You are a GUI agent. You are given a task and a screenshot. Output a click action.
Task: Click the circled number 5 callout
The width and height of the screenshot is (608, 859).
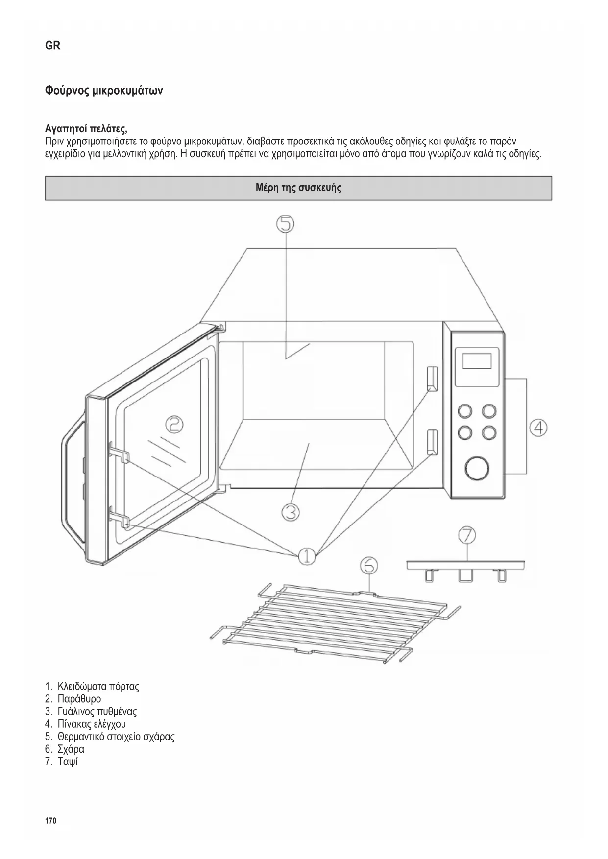click(x=286, y=224)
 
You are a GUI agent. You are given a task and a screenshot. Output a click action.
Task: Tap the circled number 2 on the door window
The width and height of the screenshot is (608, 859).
click(x=173, y=424)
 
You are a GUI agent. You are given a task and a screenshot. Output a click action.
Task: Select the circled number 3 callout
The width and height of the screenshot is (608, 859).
click(x=291, y=512)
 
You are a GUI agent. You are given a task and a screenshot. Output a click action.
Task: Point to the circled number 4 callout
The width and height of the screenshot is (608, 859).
click(x=538, y=428)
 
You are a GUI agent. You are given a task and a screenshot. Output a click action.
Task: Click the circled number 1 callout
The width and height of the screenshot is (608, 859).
click(x=307, y=556)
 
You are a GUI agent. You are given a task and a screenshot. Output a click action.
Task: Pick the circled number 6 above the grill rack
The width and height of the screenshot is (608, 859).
click(x=369, y=566)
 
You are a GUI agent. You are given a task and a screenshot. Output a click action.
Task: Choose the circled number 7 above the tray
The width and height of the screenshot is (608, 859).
click(x=467, y=535)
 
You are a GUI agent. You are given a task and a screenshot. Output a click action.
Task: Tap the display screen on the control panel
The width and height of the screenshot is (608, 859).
click(x=477, y=361)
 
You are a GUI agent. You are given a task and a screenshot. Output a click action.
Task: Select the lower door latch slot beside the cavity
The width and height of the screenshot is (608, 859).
click(x=432, y=442)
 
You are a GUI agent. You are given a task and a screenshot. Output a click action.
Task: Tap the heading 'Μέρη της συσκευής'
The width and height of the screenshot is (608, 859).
click(x=298, y=188)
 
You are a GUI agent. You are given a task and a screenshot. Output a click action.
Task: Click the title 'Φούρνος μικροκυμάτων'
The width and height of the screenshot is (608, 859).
click(x=104, y=91)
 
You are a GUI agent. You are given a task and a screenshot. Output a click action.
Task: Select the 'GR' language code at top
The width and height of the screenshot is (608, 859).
click(x=52, y=46)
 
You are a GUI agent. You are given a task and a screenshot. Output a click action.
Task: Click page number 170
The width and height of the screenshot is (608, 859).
click(x=50, y=820)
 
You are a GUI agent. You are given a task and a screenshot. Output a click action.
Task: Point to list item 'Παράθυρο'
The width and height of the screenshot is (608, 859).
click(x=79, y=699)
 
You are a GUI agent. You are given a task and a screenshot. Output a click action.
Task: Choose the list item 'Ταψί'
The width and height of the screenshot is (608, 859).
click(x=68, y=762)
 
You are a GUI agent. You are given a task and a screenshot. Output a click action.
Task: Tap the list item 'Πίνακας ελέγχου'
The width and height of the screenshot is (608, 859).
click(x=91, y=724)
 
